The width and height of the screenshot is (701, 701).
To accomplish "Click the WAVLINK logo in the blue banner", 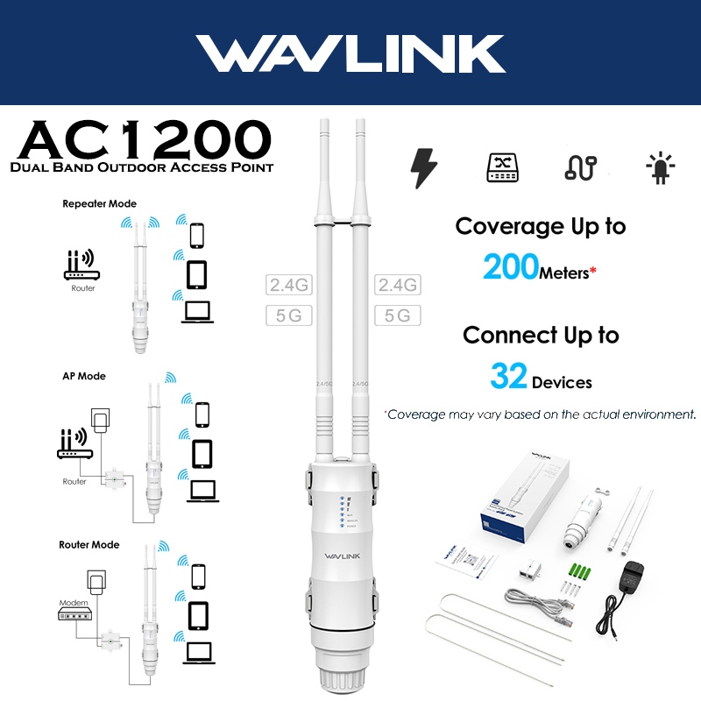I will click(350, 54).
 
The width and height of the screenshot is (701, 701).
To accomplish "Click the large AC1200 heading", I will click(145, 140).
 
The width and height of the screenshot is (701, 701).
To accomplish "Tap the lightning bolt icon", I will click(423, 167).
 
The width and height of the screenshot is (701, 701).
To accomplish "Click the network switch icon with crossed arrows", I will click(503, 167).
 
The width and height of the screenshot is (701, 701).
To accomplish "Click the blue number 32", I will click(508, 377).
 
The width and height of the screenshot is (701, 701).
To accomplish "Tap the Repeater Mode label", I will click(99, 204).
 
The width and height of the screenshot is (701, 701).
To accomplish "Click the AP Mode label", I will click(84, 376).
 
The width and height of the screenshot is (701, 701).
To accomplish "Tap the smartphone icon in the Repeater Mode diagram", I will click(198, 236).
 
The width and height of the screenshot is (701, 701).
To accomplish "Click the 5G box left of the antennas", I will click(288, 315).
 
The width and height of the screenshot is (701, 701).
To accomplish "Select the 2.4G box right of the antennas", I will click(397, 285).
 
